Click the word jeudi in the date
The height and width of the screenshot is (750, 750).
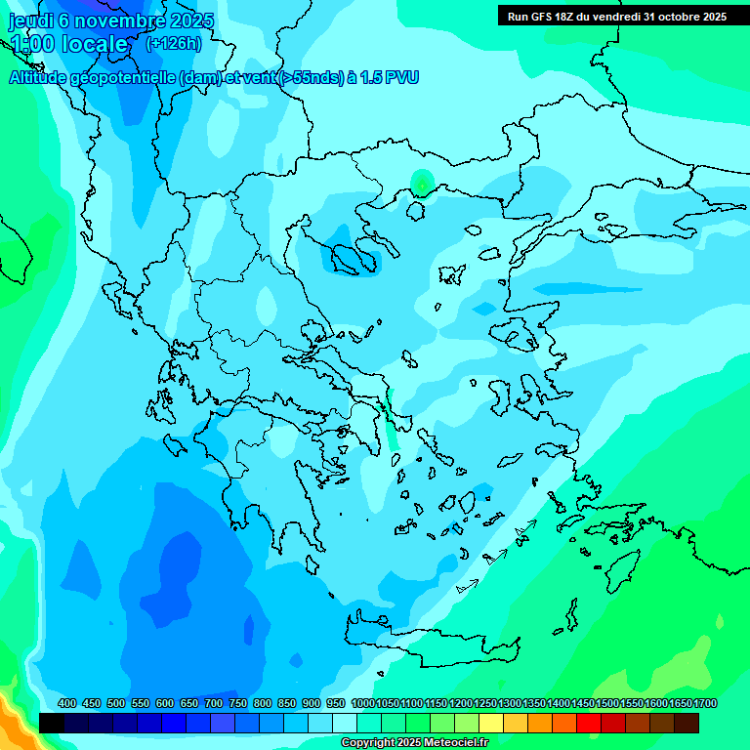point(30,21)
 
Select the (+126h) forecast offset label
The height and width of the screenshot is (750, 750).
point(173,43)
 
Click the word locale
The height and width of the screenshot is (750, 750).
point(95,44)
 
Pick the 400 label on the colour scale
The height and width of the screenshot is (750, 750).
point(66,703)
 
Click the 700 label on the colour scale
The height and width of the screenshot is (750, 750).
point(213,703)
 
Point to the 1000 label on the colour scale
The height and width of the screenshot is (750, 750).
point(362,703)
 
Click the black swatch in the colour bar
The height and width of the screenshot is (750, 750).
point(52,723)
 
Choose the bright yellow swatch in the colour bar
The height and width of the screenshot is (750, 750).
point(491,723)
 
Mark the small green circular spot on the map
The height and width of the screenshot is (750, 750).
point(421,182)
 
